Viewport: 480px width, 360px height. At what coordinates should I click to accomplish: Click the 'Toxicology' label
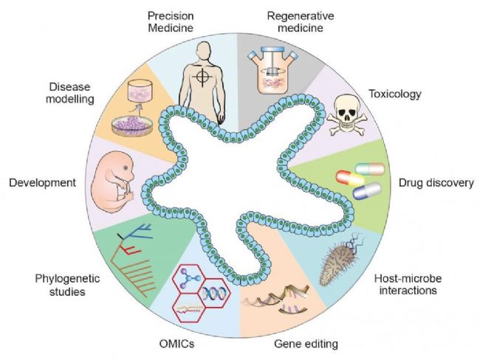[x=395, y=94]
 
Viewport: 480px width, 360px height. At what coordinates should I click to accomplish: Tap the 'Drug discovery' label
[x=436, y=183]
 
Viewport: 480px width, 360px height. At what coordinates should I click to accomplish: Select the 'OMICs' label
[x=176, y=344]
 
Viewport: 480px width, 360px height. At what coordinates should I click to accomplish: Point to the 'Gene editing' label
[x=306, y=344]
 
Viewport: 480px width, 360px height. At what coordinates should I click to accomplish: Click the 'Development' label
[x=43, y=183]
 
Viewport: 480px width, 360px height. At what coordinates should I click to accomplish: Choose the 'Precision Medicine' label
[x=171, y=21]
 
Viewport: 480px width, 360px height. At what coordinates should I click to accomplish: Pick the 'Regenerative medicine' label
[x=301, y=21]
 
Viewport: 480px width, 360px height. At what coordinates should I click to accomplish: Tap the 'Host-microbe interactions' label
[x=408, y=284]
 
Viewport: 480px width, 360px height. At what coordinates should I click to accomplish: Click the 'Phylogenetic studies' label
[x=67, y=285]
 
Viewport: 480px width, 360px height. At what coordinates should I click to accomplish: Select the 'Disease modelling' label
[x=70, y=93]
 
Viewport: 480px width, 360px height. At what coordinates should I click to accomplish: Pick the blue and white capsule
[x=367, y=191]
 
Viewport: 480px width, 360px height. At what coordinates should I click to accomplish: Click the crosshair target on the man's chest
[x=202, y=75]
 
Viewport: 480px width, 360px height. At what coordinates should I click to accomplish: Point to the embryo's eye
[x=126, y=167]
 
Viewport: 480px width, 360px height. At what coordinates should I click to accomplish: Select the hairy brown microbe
[x=338, y=260]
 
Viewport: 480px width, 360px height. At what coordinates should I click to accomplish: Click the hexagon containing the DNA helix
[x=213, y=293]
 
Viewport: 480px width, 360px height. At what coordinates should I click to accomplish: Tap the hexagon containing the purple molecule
[x=188, y=279]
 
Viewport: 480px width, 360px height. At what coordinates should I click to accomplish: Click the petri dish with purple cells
[x=132, y=125]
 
